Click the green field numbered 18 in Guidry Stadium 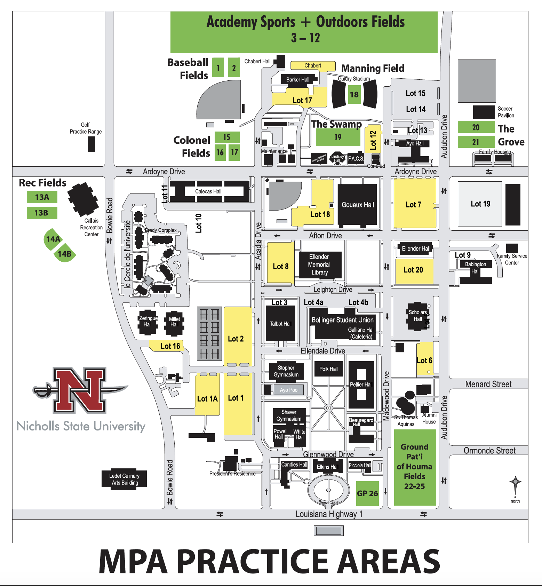pyautogui.click(x=354, y=94)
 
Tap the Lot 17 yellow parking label pyautogui.click(x=302, y=100)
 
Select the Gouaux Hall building pyautogui.click(x=357, y=205)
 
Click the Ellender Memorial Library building pyautogui.click(x=319, y=264)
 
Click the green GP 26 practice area pyautogui.click(x=367, y=493)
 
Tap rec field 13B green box pyautogui.click(x=42, y=213)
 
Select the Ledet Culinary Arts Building pyautogui.click(x=124, y=479)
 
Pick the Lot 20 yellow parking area pyautogui.click(x=414, y=270)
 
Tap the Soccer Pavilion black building pyautogui.click(x=484, y=112)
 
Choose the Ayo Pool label pyautogui.click(x=289, y=390)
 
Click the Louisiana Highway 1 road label pyautogui.click(x=329, y=514)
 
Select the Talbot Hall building pyautogui.click(x=280, y=324)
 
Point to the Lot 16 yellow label pyautogui.click(x=170, y=346)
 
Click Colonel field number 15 pyautogui.click(x=227, y=137)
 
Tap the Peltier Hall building pyautogui.click(x=361, y=385)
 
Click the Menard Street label pyautogui.click(x=488, y=384)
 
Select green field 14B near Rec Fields pyautogui.click(x=65, y=254)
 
